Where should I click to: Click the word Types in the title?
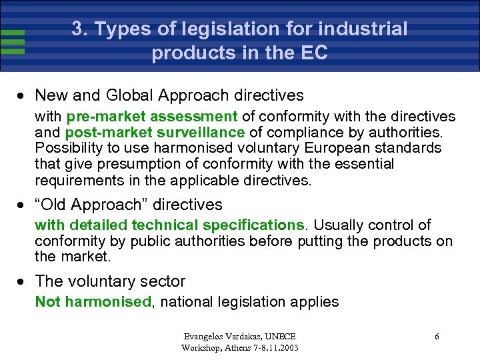[121, 29]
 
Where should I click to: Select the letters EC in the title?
[313, 53]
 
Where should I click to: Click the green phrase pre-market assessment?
[152, 117]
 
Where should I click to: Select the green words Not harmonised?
[93, 302]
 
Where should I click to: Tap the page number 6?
[437, 337]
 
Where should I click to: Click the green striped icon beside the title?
[13, 41]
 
